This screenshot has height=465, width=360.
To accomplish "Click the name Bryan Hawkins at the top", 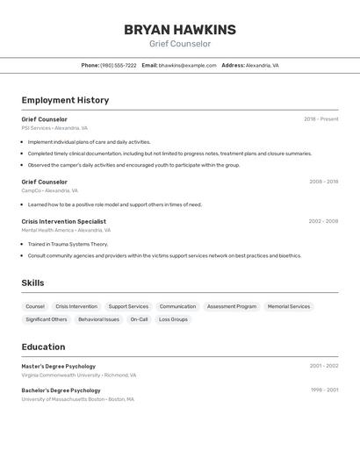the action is pos(179,30).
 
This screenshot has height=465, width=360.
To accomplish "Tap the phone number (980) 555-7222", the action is pos(118,65).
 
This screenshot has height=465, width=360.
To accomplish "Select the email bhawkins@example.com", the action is pos(187,65).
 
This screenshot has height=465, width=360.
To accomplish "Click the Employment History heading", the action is pos(65,100).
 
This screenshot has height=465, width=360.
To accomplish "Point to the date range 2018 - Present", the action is pos(320,119).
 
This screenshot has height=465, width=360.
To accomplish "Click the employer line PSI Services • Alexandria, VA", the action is pos(54,128).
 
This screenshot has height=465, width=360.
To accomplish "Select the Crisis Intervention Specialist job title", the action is pos(63,221).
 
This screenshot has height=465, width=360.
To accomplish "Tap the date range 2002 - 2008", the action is pos(322,221).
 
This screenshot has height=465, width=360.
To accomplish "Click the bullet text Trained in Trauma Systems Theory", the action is pos(68,244).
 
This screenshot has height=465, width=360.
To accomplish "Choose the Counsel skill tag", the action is pos(35,306).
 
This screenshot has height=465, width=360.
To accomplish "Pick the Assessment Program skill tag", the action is pos(232,306).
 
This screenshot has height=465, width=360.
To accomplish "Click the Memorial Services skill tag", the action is pos(289,306).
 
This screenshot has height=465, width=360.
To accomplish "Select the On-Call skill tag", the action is pos(139,319).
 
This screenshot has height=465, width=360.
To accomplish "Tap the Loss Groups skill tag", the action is pos(173,319).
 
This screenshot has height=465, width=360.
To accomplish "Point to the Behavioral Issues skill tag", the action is pos(98,319).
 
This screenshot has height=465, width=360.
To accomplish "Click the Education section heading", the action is pos(43,347).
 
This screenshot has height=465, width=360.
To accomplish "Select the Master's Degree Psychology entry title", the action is pos(58,366).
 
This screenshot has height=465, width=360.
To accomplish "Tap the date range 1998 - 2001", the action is pos(323,390).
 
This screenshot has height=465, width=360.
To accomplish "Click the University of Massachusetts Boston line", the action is pos(77,399).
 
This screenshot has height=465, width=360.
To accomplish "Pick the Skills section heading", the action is pos(32,283).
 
